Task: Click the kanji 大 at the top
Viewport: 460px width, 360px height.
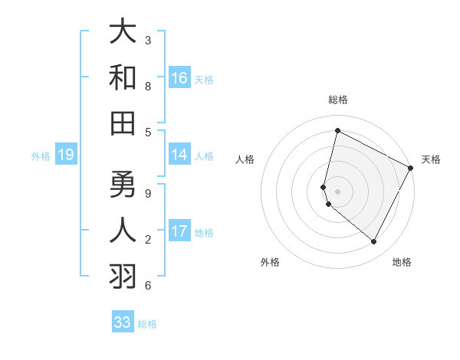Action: click(123, 32)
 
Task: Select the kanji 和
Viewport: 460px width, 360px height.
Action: click(123, 78)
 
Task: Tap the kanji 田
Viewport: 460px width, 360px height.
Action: click(123, 123)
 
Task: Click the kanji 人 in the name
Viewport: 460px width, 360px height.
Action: click(123, 230)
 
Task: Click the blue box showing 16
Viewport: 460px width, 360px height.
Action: click(179, 78)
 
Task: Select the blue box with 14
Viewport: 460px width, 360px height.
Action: click(179, 155)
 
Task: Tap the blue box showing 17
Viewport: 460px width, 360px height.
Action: click(179, 231)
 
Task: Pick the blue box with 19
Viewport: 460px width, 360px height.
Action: click(65, 155)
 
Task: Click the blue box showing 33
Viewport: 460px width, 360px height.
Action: click(123, 322)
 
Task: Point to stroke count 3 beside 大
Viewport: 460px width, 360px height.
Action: click(147, 40)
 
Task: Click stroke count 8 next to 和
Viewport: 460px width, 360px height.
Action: click(147, 86)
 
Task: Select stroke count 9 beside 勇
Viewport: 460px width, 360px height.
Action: click(147, 192)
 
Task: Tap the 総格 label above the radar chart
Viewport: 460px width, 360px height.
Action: click(337, 100)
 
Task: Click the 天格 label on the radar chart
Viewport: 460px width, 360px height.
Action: click(431, 159)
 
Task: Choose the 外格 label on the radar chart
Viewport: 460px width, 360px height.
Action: click(270, 262)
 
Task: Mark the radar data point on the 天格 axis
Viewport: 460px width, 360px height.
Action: click(411, 168)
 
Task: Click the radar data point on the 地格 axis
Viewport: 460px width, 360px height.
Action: click(374, 242)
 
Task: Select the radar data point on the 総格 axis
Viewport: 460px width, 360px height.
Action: click(337, 130)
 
